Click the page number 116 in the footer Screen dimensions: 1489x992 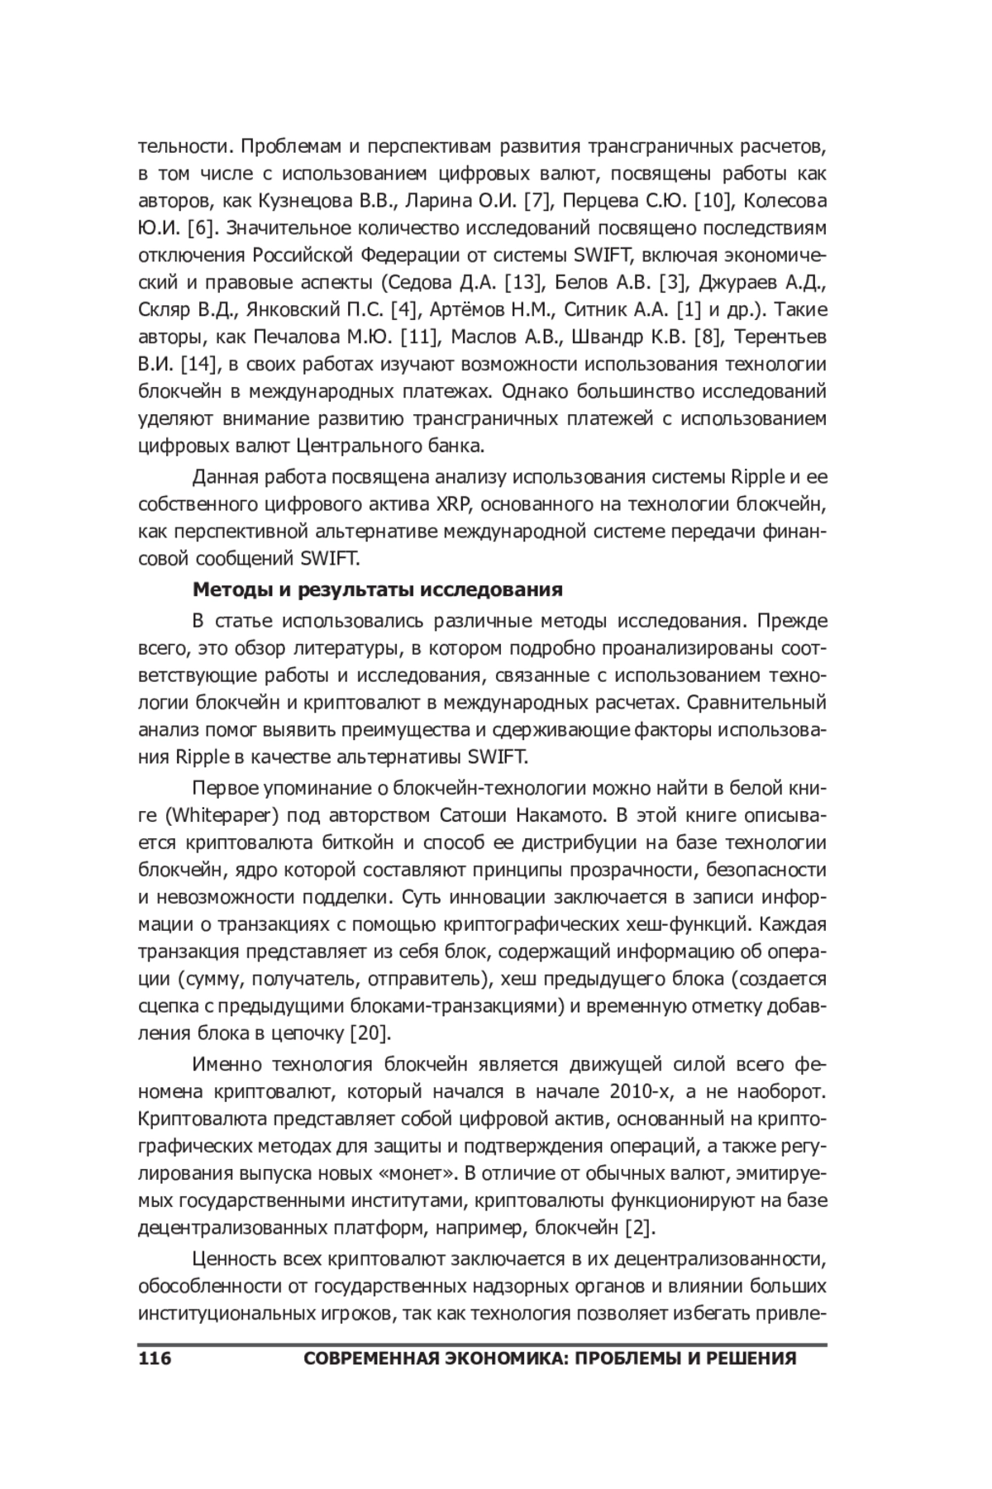155,1358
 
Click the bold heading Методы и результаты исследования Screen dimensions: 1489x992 377,589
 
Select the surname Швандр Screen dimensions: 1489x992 624,337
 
